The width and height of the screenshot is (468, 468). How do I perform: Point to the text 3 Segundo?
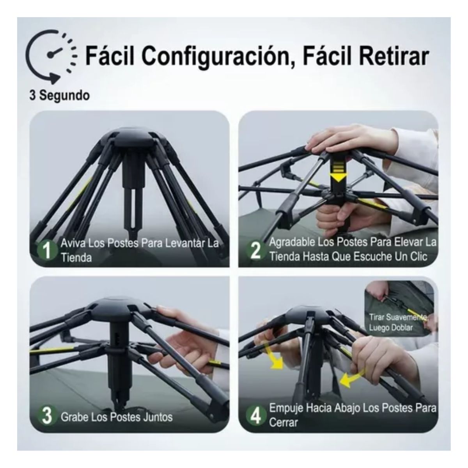59,95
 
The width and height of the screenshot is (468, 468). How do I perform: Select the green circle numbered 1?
47,250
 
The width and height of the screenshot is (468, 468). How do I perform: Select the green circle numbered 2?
255,250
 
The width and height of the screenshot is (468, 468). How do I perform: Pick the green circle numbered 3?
47,416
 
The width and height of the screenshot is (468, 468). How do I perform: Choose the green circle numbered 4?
255,416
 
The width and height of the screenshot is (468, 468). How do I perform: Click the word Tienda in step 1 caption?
76,257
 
